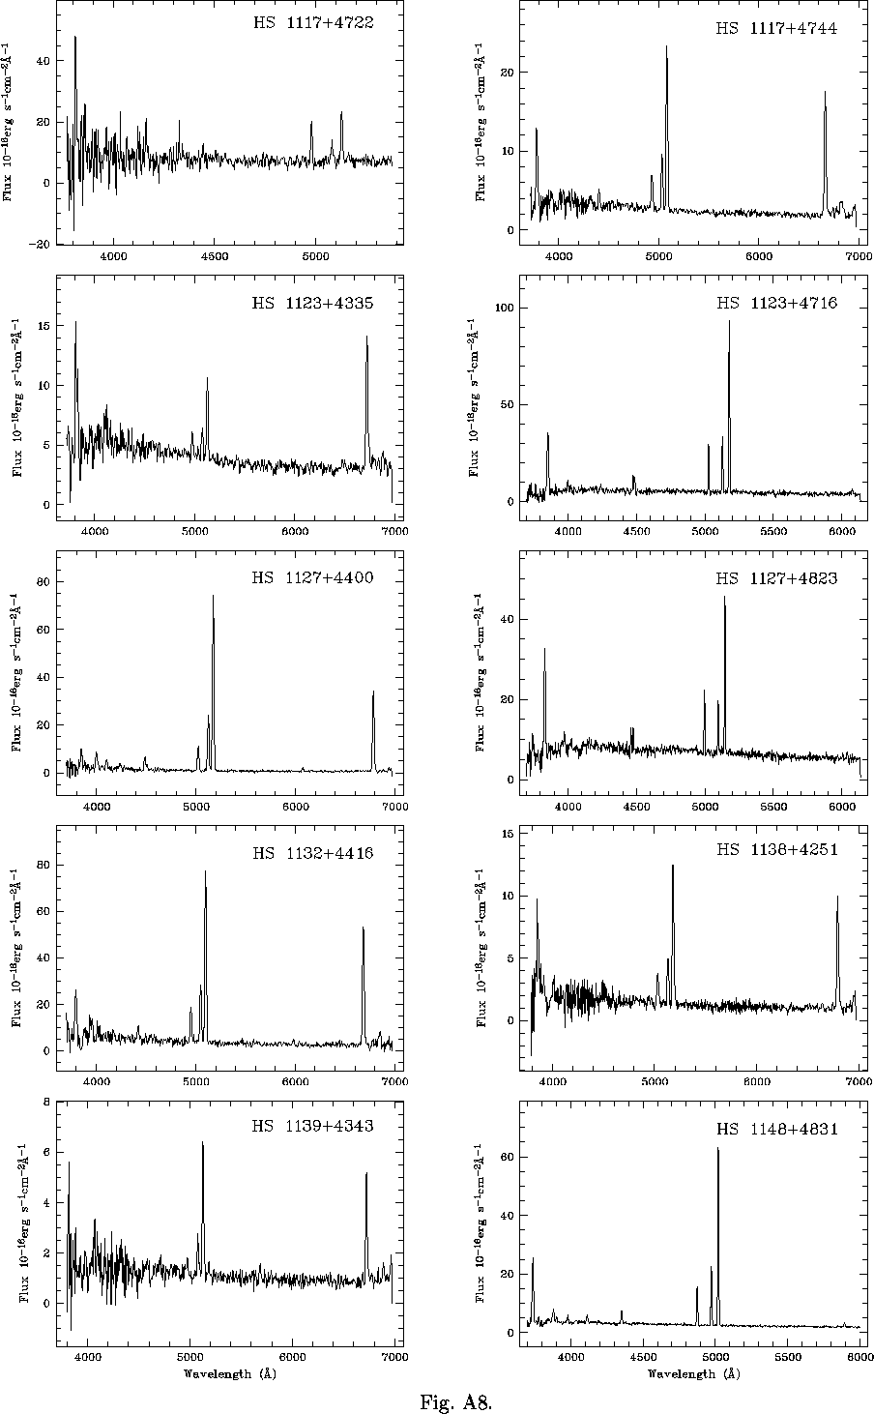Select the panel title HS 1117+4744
(x=776, y=28)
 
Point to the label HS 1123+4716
(x=776, y=303)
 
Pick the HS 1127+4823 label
(x=776, y=578)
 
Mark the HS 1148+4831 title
(x=776, y=1129)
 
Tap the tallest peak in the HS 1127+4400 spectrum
(x=213, y=596)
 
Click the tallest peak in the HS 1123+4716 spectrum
(x=729, y=321)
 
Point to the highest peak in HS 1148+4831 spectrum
(x=717, y=1148)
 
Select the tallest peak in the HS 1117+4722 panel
(x=74, y=38)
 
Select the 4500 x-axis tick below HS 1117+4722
(x=215, y=256)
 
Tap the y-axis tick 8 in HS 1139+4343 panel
(x=45, y=1102)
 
